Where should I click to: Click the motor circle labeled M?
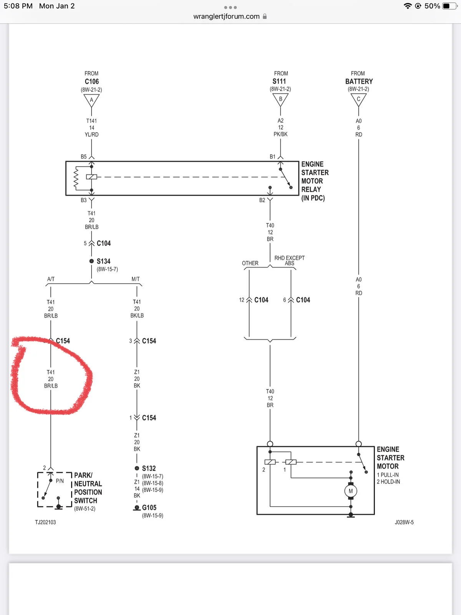pos(351,491)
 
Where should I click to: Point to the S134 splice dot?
pos(91,261)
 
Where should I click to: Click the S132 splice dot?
pos(137,468)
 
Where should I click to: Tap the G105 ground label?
pos(149,507)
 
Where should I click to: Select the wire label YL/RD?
pos(91,135)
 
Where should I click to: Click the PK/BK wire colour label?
pos(280,134)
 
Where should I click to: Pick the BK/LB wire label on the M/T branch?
pos(137,316)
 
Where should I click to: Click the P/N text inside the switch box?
pos(60,481)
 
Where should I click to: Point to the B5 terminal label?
pos(84,156)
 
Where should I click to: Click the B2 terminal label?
pos(262,200)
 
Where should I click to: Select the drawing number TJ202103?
pos(45,522)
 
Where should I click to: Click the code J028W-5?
pos(404,522)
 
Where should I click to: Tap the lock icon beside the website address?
pos(265,16)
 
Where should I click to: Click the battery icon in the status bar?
pos(449,6)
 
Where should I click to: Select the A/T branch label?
pos(51,279)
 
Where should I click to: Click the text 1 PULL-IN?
pos(388,475)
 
